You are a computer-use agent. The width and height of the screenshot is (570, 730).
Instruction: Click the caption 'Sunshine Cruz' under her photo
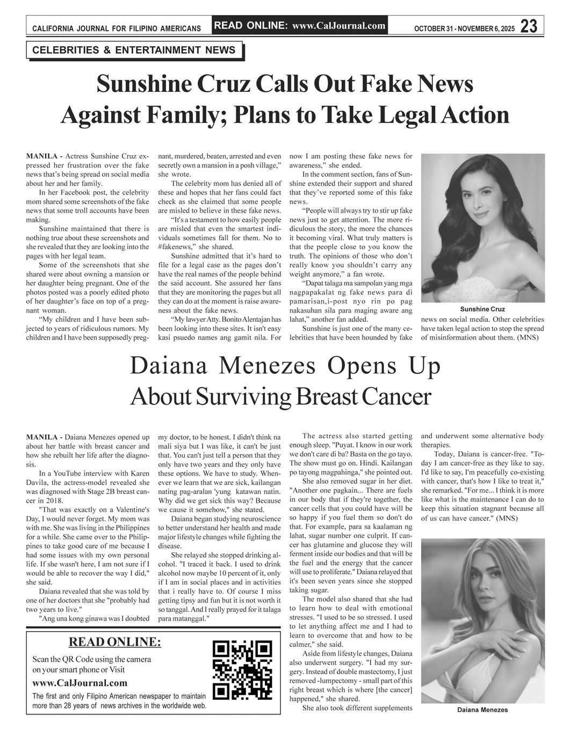click(x=482, y=309)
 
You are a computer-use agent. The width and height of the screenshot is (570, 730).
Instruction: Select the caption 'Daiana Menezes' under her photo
click(x=482, y=710)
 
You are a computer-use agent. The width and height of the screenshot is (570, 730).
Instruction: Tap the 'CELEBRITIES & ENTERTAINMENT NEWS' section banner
click(x=134, y=50)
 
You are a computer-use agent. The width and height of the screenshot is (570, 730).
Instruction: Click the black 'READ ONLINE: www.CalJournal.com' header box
click(x=300, y=25)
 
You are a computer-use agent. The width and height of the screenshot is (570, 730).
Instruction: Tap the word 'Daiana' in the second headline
click(x=169, y=366)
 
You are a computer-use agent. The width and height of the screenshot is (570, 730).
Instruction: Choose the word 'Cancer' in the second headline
click(x=397, y=397)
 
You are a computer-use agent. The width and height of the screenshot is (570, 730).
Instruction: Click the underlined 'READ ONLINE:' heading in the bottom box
click(x=115, y=642)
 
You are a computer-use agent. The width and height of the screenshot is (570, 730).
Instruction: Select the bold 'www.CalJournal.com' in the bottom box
click(x=80, y=683)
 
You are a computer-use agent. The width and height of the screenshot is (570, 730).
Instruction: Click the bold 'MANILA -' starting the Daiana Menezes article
click(x=44, y=437)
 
